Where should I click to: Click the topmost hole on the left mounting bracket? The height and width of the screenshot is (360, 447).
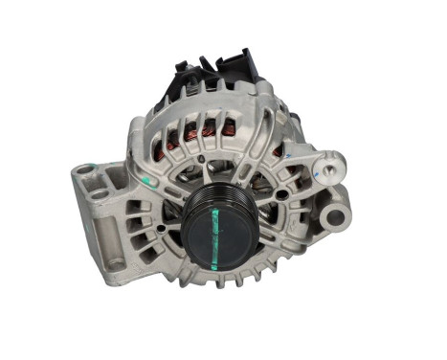86,169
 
